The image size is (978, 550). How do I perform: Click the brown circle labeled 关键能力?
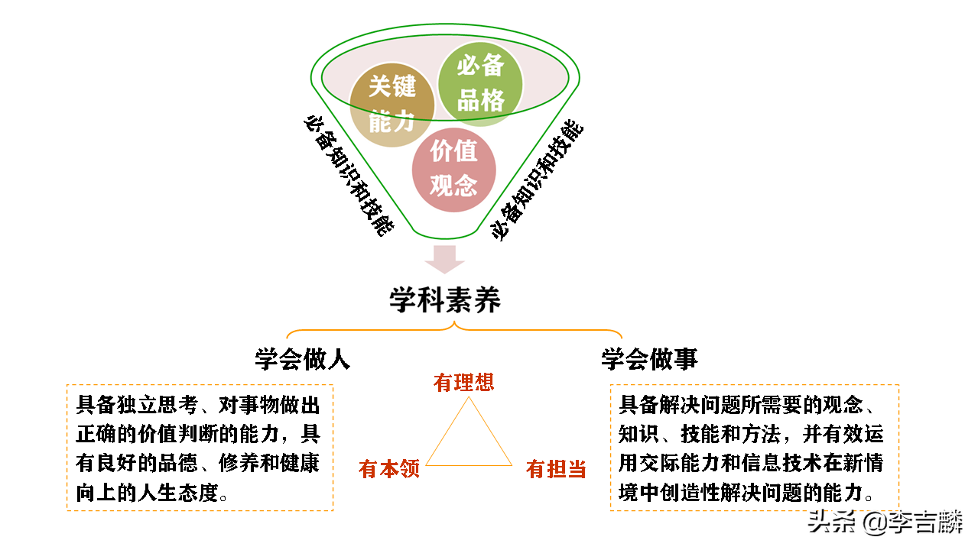point(392,104)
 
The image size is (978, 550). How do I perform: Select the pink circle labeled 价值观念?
point(454,169)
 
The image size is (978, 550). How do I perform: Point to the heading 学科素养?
point(445,299)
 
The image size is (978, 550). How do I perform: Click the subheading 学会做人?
point(303,360)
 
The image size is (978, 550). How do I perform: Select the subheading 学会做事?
point(649,360)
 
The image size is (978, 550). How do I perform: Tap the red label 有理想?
point(464,382)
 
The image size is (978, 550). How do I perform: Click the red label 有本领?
point(389,469)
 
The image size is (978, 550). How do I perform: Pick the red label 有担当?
point(556,469)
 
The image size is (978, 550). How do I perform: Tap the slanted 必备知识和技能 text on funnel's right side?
point(537,180)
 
